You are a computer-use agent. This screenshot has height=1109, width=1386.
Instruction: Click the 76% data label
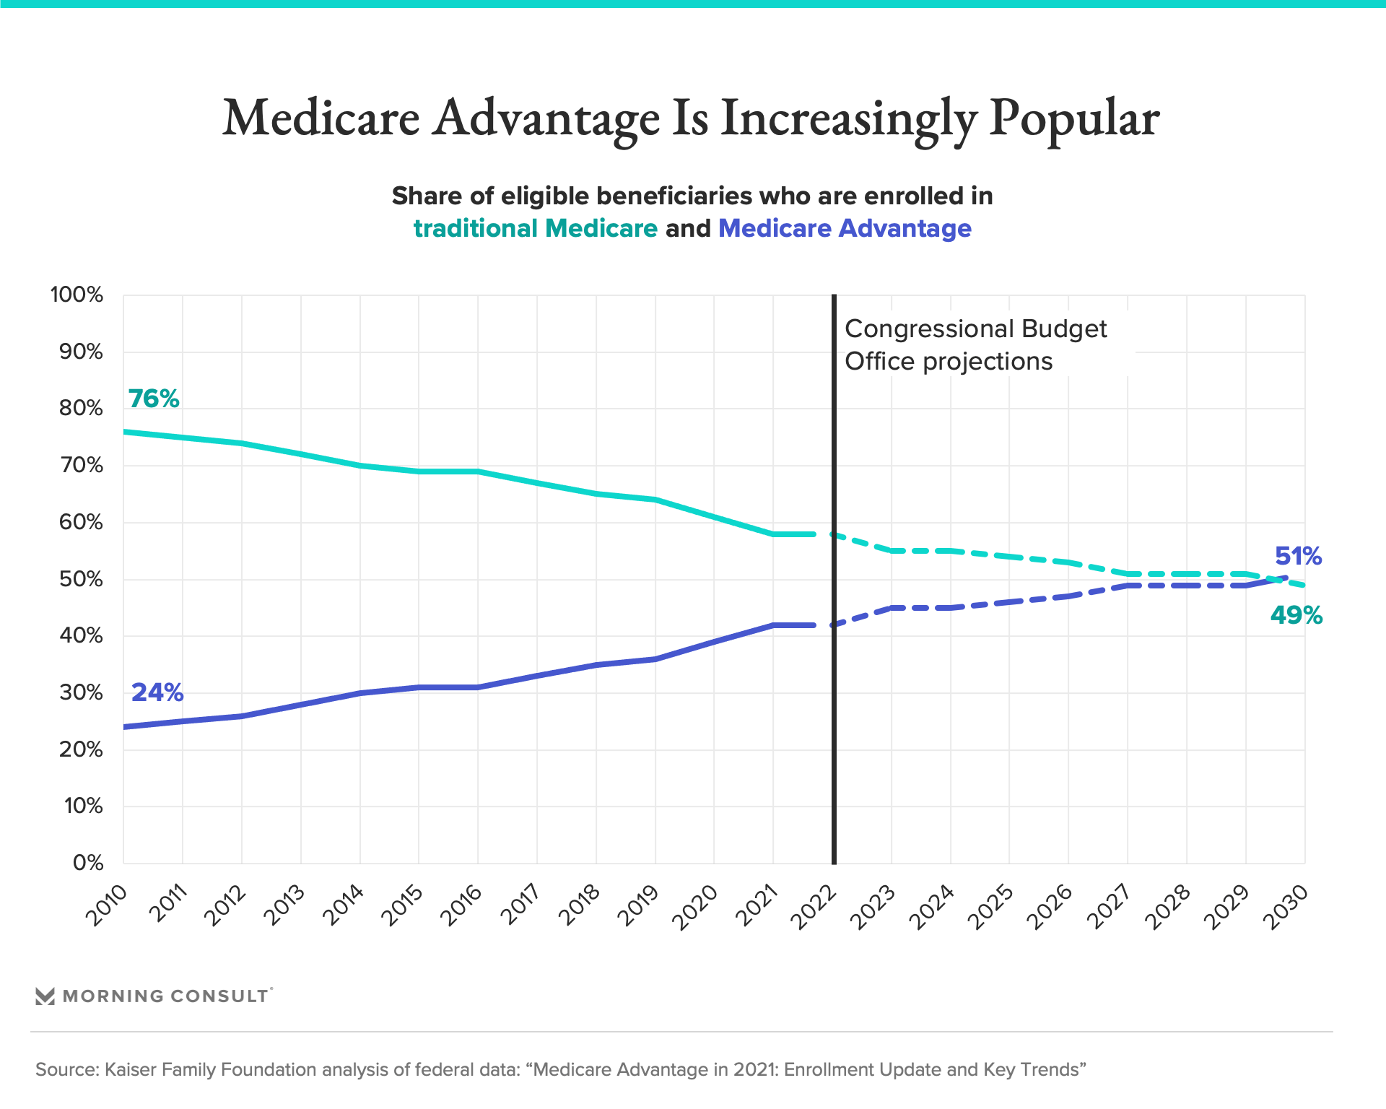(154, 399)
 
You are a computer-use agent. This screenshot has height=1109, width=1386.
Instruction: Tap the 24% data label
(157, 692)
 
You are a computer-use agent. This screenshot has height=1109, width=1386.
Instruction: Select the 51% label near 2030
(1298, 556)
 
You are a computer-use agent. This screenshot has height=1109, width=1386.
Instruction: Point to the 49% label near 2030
(1296, 615)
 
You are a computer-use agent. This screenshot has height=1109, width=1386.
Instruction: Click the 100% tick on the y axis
(77, 295)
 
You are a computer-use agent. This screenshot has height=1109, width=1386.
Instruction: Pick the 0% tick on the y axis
(88, 863)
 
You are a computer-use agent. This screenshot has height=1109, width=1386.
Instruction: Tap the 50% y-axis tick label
(82, 579)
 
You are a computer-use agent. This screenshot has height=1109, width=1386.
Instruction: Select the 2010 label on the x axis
(107, 905)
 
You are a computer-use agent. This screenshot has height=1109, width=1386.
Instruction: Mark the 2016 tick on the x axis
(461, 905)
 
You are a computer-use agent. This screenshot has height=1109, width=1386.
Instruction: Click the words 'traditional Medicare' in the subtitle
(535, 228)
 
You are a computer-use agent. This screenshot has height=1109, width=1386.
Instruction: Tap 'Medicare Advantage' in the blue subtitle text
(845, 228)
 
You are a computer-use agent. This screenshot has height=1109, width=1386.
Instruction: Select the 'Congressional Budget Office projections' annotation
(975, 345)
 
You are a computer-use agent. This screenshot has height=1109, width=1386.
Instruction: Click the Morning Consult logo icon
(45, 996)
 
